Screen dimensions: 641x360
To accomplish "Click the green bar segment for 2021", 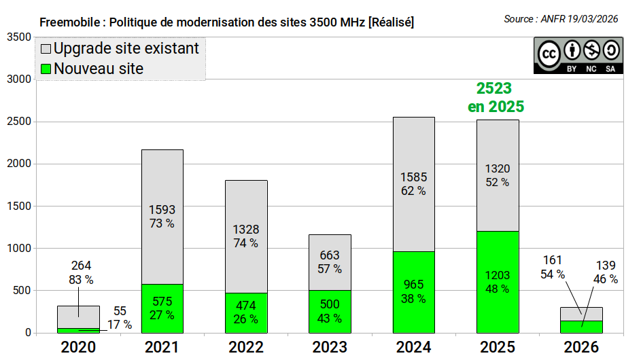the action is pos(162,308).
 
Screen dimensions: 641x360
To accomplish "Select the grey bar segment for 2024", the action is pos(414,184).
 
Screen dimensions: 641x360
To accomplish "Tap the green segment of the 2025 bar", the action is pos(498,283).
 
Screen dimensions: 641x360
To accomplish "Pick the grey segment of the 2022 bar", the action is pos(246,236).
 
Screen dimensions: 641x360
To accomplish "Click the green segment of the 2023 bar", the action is pos(330,312).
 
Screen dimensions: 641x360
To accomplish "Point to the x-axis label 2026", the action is pos(581,347).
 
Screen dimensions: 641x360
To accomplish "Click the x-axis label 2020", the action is pos(78,347).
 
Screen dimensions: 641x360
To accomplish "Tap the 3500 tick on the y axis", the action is pos(19,37).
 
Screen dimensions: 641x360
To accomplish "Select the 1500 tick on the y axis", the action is pos(19,206).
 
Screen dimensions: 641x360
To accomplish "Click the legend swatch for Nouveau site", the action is pos(46,69).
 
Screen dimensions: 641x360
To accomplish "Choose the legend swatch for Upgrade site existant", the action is pos(46,49).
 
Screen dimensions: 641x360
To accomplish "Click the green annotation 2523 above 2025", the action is pos(494,88).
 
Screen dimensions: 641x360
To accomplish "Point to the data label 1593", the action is pos(162,210).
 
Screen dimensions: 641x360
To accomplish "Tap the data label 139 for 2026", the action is pos(606,266).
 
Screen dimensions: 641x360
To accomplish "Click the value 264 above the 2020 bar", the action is pos(81,266).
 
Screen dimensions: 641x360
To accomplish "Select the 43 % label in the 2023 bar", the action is pos(330,319).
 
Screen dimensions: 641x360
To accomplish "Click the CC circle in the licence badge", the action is pos(549,54).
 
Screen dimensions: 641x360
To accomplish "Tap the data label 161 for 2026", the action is pos(552,260).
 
